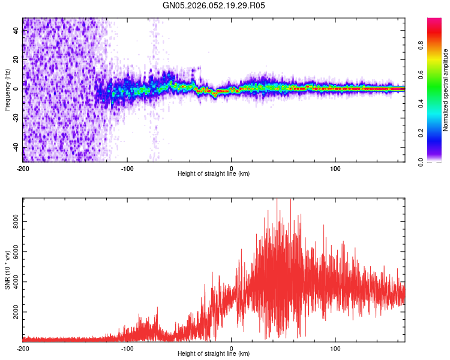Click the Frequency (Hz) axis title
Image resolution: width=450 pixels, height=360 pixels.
pos(8,89)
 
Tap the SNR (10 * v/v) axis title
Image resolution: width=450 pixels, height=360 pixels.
pos(8,269)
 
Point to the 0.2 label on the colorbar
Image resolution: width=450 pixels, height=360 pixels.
pos(422,132)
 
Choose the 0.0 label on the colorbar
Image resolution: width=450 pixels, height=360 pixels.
pos(422,161)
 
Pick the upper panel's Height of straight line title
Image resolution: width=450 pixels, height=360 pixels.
pos(214,174)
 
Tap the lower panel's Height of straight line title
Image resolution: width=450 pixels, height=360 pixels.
pos(214,354)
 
